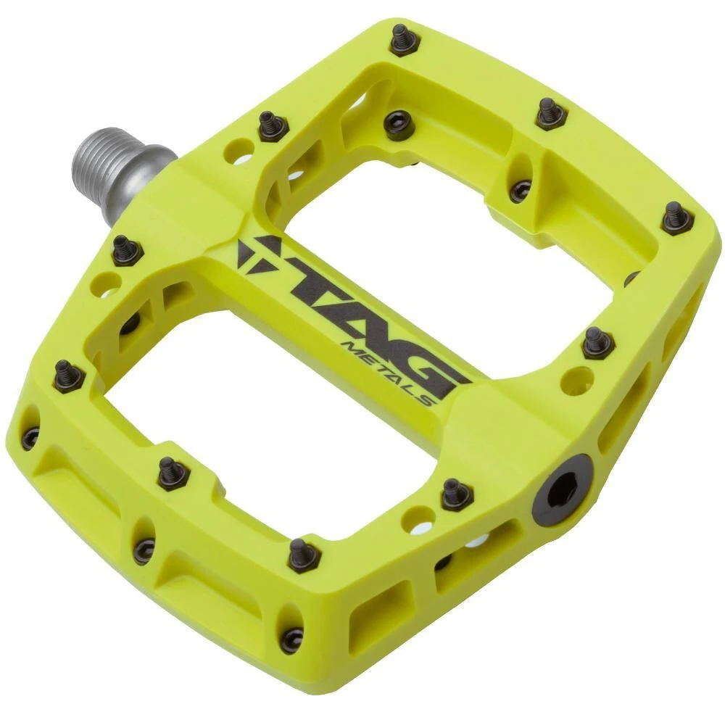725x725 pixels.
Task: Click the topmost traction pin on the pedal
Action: pyautogui.click(x=405, y=40)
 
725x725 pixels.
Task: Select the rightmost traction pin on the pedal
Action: pyautogui.click(x=677, y=218)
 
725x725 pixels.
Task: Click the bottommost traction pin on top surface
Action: pyautogui.click(x=304, y=555)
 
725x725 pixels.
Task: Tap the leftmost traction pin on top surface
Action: pyautogui.click(x=69, y=376)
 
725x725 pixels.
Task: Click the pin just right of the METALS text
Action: pyautogui.click(x=597, y=343)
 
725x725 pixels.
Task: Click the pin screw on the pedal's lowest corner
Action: pyautogui.click(x=292, y=639)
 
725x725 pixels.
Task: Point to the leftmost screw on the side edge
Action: pyautogui.click(x=30, y=438)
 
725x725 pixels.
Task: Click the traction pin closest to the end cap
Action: pyautogui.click(x=457, y=494)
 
